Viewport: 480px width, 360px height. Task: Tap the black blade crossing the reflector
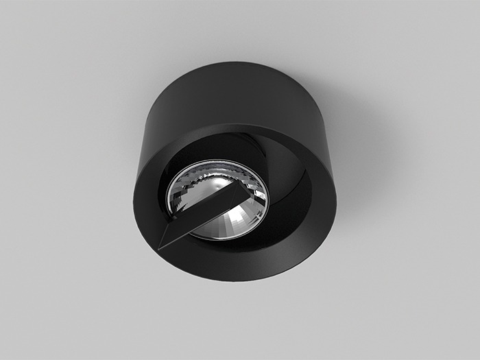pyautogui.click(x=206, y=209)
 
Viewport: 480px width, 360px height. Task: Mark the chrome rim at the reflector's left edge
pyautogui.click(x=169, y=199)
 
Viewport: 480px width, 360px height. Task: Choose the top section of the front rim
pyautogui.click(x=233, y=134)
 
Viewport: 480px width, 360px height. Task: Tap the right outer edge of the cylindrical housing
pyautogui.click(x=334, y=137)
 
